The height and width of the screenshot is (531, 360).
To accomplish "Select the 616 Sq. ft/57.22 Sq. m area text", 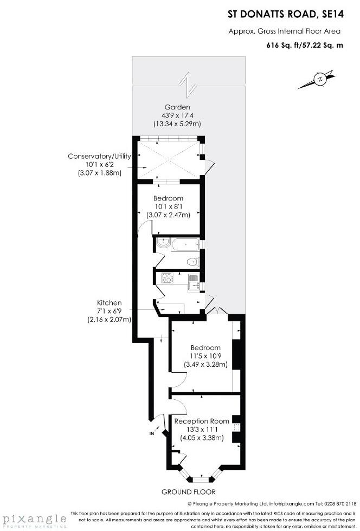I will coord(305,46).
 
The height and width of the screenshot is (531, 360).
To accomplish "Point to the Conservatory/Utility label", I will coord(99,157).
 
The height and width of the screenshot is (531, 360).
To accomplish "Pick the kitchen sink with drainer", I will coord(193,281).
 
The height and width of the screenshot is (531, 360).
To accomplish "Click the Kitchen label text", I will coord(109,303).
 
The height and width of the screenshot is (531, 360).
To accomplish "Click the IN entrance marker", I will coord(151,433).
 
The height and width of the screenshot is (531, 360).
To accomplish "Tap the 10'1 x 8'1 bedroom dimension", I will coord(168,206).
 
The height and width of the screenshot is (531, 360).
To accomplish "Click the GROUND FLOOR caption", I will coord(188,492).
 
